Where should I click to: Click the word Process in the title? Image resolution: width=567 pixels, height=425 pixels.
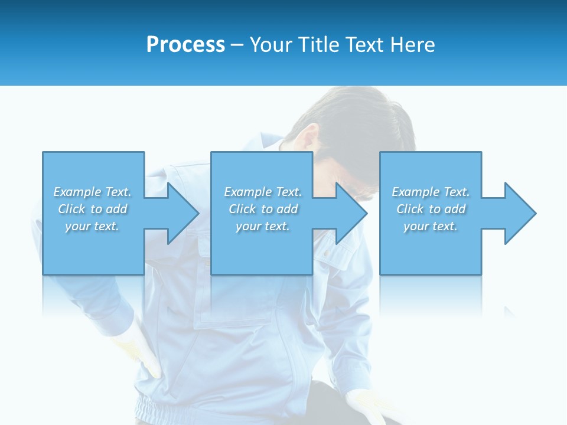click(x=185, y=45)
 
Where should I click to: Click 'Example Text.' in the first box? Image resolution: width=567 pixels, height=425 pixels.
click(x=93, y=192)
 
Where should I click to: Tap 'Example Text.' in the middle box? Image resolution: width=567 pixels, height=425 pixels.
click(x=263, y=192)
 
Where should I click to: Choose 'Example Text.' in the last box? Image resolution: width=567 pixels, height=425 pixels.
click(x=431, y=192)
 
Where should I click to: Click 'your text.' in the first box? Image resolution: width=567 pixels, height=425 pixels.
click(x=92, y=226)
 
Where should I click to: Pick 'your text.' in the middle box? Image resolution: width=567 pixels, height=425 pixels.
click(x=263, y=226)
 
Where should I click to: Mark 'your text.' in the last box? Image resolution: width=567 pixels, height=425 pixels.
click(x=431, y=226)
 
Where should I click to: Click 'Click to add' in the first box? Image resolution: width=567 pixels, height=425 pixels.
click(x=93, y=209)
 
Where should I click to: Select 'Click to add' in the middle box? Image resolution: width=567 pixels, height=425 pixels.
click(x=263, y=209)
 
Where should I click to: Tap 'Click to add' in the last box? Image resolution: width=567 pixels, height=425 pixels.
click(x=431, y=209)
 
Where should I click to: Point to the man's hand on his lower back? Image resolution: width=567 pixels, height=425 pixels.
click(x=142, y=354)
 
